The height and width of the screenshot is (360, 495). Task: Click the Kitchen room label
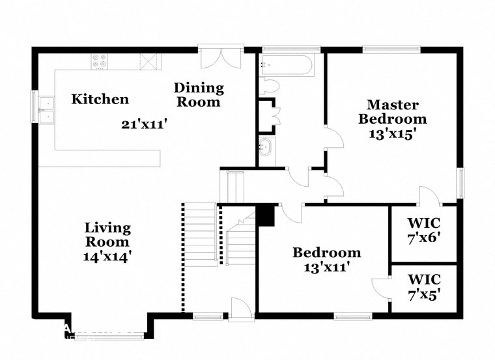click(100, 99)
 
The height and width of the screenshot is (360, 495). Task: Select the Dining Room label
click(198, 94)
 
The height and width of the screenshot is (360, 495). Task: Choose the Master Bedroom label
click(393, 111)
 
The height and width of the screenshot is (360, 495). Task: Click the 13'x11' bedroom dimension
click(326, 266)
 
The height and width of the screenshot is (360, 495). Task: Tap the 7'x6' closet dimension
click(424, 237)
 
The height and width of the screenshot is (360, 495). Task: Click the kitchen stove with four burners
click(100, 61)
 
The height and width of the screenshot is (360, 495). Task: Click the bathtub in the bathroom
click(286, 65)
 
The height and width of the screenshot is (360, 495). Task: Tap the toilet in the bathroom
click(269, 87)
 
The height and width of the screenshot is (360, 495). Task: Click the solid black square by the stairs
click(266, 215)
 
